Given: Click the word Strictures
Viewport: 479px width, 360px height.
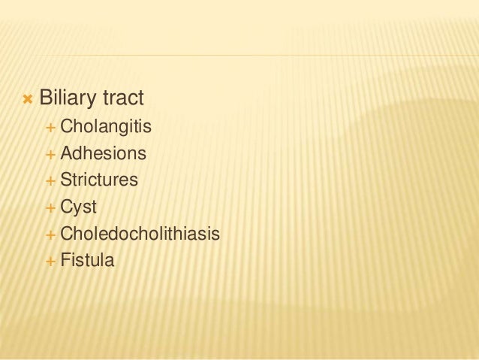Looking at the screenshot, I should tap(99, 180).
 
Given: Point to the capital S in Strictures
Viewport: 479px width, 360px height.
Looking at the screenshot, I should tap(65, 180).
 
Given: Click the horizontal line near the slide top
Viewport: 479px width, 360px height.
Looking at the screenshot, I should tap(248, 56).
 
